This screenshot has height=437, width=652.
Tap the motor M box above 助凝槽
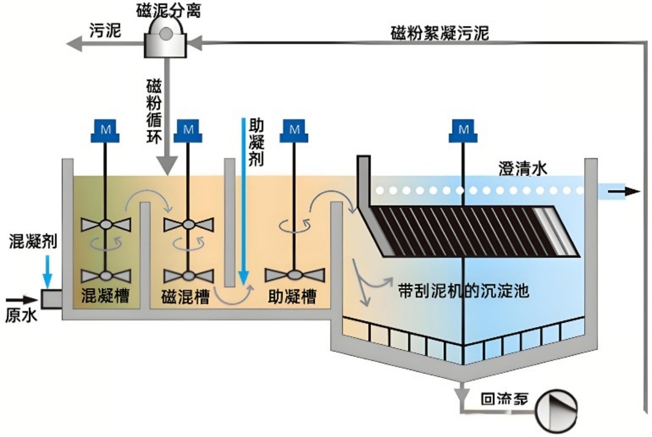pos(295,129)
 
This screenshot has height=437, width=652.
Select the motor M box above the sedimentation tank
pos(464,129)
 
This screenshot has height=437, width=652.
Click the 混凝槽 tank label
pos(105,297)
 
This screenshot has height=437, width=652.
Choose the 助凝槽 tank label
pos(292,297)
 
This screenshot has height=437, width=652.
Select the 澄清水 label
pos(523,169)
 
